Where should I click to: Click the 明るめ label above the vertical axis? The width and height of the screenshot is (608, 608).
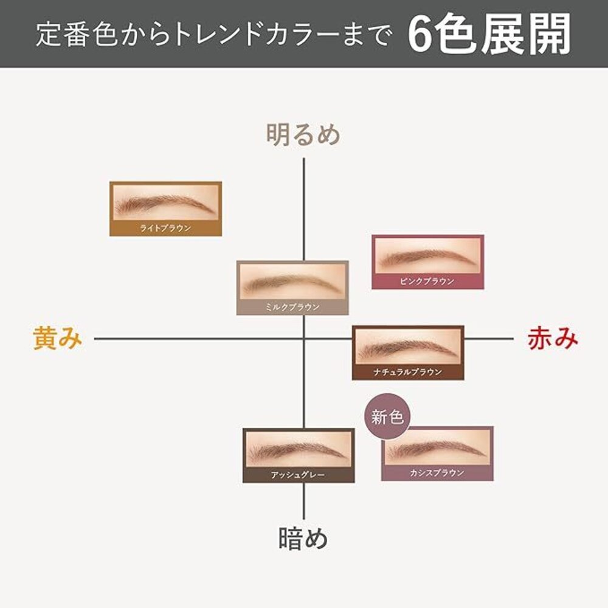(303, 134)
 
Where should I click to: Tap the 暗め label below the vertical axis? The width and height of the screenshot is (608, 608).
(303, 538)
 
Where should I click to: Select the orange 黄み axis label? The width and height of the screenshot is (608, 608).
(58, 339)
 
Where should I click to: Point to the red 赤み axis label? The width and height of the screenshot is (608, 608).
(552, 339)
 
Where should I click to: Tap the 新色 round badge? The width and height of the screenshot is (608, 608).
(388, 418)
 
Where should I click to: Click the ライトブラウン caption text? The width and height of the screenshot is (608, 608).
(165, 229)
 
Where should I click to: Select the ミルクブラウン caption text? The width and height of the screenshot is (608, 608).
(292, 308)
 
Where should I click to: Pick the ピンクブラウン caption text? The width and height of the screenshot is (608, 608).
(427, 282)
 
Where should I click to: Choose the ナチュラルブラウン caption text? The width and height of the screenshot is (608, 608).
(408, 372)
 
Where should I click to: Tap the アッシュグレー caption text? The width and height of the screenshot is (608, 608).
(298, 475)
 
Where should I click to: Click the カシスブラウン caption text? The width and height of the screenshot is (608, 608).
(437, 472)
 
